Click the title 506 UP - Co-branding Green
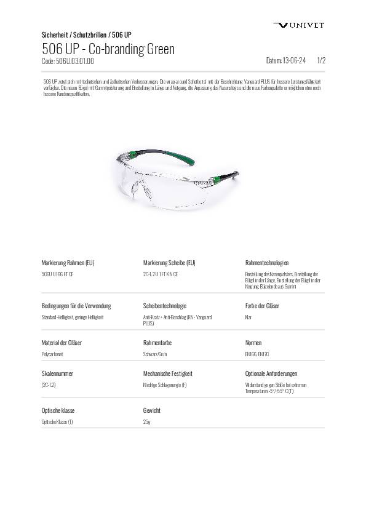click(108, 49)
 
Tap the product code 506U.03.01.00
click(67, 61)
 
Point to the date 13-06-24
click(285, 61)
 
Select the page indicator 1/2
click(320, 61)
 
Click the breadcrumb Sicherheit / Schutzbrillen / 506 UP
click(86, 34)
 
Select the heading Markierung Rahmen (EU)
click(68, 263)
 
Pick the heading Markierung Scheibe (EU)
click(169, 263)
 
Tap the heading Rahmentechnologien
click(267, 263)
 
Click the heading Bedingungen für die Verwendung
click(76, 306)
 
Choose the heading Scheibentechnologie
click(165, 306)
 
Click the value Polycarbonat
click(52, 354)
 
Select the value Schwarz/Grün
click(154, 354)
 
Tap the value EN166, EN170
click(257, 354)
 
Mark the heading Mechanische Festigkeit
click(168, 373)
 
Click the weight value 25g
click(146, 422)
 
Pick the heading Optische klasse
click(58, 410)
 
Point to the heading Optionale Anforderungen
click(271, 373)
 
